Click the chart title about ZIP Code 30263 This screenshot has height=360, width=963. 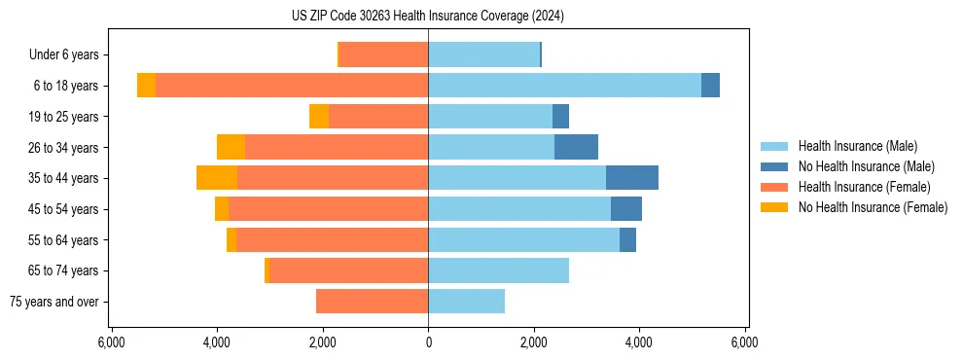(428, 17)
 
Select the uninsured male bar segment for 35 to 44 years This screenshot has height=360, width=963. (632, 178)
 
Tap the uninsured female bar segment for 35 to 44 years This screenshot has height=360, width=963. (217, 178)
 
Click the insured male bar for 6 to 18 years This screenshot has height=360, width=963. (564, 86)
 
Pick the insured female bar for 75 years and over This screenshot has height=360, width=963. (372, 302)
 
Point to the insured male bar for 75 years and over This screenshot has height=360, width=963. (466, 302)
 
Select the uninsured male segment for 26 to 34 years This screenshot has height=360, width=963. (576, 147)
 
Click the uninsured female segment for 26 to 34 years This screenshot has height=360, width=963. (231, 147)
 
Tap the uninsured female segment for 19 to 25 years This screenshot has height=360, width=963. (319, 117)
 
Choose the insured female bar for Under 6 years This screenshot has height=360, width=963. (383, 54)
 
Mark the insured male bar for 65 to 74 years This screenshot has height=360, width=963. (498, 270)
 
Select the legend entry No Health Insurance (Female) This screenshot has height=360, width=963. (873, 207)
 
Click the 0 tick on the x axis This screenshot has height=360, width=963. (428, 342)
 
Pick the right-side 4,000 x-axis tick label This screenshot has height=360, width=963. (639, 342)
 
